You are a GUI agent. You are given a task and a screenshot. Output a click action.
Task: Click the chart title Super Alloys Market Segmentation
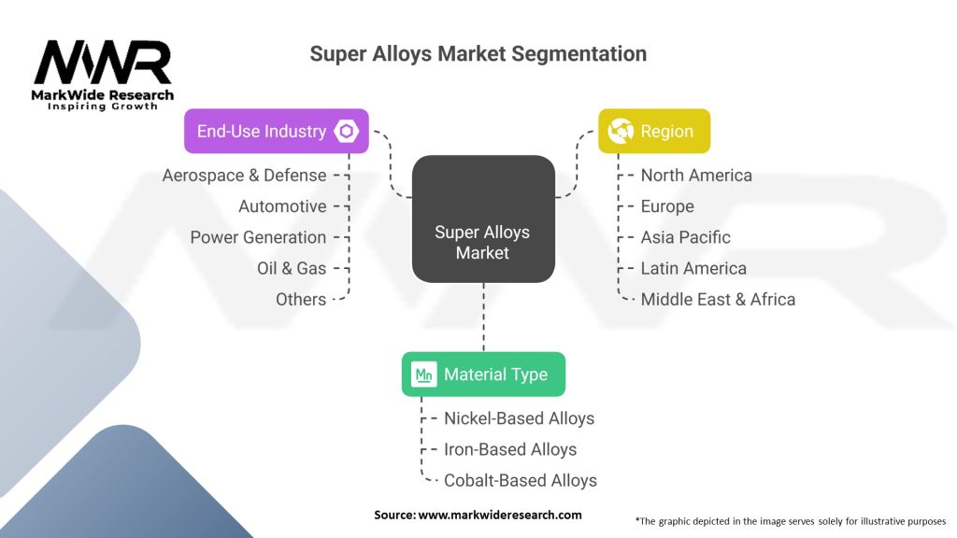pos(478,54)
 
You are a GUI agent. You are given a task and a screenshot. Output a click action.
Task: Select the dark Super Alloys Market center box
pos(482,219)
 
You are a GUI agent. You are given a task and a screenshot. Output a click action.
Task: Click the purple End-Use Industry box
pos(276,131)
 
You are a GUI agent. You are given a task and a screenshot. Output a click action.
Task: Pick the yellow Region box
pos(654,131)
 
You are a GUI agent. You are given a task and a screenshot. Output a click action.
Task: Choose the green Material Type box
pos(483,375)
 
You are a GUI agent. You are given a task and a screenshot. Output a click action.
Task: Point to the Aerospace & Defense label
pos(244,175)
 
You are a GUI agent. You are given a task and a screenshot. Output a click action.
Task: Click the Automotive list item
pos(282,205)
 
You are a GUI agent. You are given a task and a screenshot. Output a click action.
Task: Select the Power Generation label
pos(258,237)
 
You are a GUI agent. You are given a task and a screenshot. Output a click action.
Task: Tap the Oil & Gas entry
pos(292,268)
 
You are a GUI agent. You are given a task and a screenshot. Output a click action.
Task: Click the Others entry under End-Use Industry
pos(301,299)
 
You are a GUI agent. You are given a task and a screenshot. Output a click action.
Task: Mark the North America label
pos(696,175)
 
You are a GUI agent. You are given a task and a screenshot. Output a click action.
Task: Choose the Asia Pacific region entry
pos(685,237)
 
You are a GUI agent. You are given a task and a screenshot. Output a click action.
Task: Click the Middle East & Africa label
pos(718,299)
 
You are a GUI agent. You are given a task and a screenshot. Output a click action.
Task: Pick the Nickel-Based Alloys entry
pos(519,418)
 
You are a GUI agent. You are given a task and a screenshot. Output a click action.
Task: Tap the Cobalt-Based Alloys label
pos(520,480)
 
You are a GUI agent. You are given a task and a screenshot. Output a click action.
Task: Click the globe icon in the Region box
pos(621,132)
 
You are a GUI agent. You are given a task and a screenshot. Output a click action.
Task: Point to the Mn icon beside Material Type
pos(424,375)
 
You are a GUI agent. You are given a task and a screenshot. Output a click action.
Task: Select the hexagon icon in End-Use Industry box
pos(348,132)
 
